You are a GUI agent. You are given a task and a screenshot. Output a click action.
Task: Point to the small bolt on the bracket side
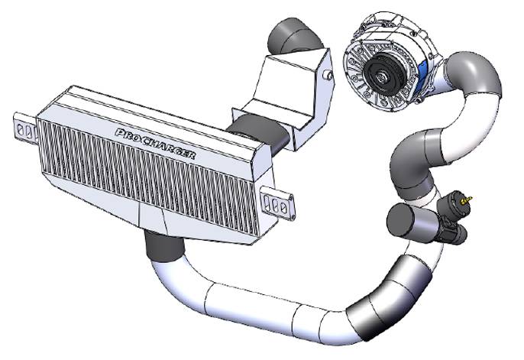328,74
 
